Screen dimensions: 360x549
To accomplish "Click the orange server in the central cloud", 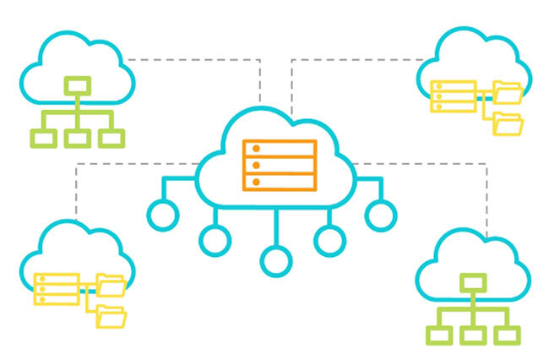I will click(280, 165).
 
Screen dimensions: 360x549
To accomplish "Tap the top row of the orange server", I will click(280, 148).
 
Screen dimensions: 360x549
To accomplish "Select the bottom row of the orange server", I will click(280, 182).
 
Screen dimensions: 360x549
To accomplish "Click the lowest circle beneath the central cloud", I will click(275, 259).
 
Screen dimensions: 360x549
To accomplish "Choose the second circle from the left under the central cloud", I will click(216, 238).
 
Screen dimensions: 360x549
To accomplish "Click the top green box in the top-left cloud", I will click(78, 85).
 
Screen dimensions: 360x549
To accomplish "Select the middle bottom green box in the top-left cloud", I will click(78, 139).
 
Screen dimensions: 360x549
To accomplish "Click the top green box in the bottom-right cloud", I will click(473, 282).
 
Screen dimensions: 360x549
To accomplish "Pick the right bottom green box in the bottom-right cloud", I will click(506, 335).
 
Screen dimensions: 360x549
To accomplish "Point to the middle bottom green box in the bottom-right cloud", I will click(473, 335).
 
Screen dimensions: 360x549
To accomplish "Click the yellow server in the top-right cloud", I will click(452, 96).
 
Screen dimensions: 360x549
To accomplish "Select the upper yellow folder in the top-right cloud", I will click(508, 90).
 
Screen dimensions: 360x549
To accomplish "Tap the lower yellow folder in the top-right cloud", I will click(508, 123).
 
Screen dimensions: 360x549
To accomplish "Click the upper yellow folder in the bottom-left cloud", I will click(111, 284).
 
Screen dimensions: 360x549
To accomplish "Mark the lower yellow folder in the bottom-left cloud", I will click(111, 317).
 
